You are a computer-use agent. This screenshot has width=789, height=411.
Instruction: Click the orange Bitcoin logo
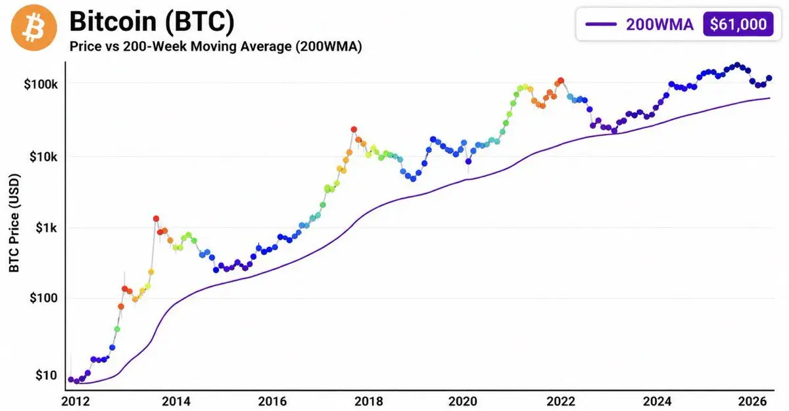click(x=34, y=28)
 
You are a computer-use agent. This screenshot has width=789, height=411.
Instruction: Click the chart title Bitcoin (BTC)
click(x=152, y=22)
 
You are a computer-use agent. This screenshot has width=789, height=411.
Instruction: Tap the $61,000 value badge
click(x=738, y=24)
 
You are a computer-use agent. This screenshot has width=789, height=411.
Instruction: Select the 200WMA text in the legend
click(x=659, y=24)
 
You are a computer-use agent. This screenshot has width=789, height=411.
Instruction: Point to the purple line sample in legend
click(x=601, y=24)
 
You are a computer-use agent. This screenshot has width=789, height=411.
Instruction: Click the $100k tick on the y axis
click(x=41, y=85)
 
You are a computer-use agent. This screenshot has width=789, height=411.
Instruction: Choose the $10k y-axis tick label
click(x=43, y=157)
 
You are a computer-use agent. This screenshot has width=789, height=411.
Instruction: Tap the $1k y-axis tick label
click(x=46, y=228)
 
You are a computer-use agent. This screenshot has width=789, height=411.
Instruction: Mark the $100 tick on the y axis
click(x=43, y=298)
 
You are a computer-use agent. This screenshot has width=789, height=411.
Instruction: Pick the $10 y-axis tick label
click(x=46, y=376)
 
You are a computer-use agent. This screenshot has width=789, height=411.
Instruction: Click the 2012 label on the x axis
click(x=76, y=401)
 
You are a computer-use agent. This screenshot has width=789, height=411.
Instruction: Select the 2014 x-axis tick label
click(x=176, y=401)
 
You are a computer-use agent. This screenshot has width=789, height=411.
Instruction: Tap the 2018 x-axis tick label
click(x=368, y=401)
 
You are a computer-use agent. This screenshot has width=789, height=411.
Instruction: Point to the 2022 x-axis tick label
click(x=561, y=401)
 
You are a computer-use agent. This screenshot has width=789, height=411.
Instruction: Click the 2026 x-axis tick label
click(x=752, y=401)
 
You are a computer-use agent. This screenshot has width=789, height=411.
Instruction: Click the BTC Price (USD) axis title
click(x=14, y=223)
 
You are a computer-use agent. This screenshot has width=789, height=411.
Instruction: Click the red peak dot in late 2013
click(x=156, y=219)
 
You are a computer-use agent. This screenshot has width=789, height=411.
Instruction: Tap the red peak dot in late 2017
click(x=354, y=129)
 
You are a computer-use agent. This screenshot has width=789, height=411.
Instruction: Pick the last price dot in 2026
click(x=769, y=78)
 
